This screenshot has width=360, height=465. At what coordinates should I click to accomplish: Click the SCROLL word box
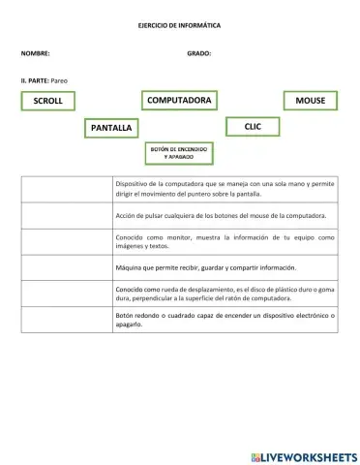click(47, 101)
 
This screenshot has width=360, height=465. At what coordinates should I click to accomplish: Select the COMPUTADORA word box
click(179, 100)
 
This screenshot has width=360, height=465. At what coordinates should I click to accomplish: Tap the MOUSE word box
click(310, 101)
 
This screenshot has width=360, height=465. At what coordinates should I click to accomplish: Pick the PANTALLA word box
click(111, 127)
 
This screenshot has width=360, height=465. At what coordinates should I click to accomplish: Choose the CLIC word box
click(253, 126)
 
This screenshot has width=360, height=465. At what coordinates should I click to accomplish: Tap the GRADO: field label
click(198, 53)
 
